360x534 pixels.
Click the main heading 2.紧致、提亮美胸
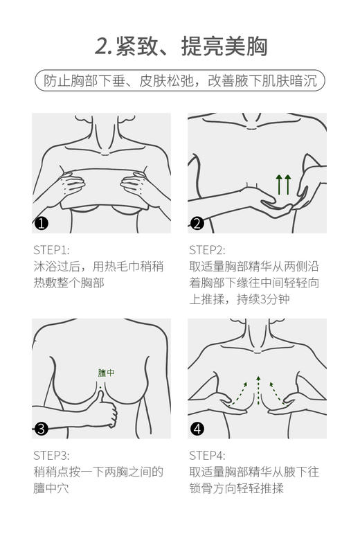[x=181, y=46]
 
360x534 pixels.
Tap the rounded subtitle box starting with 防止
[x=180, y=80]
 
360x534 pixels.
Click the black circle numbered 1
[x=42, y=223]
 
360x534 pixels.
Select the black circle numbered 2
[x=197, y=223]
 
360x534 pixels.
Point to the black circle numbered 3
[x=42, y=428]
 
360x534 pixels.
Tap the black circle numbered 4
[x=197, y=428]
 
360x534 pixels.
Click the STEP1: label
[x=51, y=250]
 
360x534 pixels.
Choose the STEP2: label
[x=207, y=250]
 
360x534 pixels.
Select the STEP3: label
[x=51, y=455]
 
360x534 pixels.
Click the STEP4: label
[x=207, y=455]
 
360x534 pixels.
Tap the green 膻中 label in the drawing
[x=106, y=373]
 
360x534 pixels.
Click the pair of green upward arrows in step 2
[x=283, y=184]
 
